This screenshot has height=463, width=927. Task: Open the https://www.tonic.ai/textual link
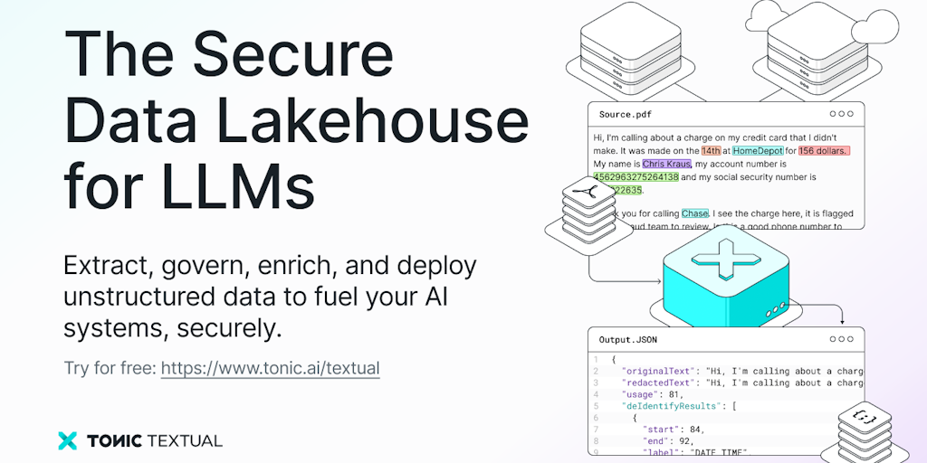tap(271, 368)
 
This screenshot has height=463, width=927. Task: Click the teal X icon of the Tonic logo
tap(68, 440)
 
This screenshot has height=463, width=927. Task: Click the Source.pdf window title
tap(625, 115)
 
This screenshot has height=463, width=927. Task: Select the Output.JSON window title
tap(628, 340)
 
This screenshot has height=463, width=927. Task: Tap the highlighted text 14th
tap(711, 151)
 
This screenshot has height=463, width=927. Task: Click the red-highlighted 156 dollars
tap(824, 151)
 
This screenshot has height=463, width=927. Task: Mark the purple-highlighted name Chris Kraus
tap(667, 165)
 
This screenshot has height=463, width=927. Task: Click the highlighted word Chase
tap(695, 213)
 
